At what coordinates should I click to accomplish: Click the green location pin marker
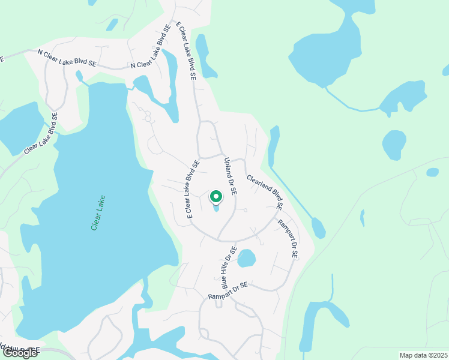pyautogui.click(x=216, y=196)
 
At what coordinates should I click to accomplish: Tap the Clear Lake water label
pyautogui.click(x=98, y=213)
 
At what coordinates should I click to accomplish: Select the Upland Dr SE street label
pyautogui.click(x=231, y=176)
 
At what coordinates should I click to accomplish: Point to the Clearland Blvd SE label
pyautogui.click(x=264, y=192)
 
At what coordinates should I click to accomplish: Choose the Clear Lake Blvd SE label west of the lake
pyautogui.click(x=41, y=134)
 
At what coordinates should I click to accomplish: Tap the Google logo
pyautogui.click(x=20, y=353)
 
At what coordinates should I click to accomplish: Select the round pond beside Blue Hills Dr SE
pyautogui.click(x=246, y=259)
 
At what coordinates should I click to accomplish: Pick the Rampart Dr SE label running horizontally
pyautogui.click(x=228, y=291)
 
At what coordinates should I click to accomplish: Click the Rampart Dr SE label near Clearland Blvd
pyautogui.click(x=287, y=238)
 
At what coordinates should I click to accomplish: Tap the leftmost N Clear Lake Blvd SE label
pyautogui.click(x=67, y=58)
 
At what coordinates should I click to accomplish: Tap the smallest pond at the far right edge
pyautogui.click(x=432, y=172)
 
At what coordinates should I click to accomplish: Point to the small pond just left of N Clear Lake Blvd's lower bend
pyautogui.click(x=79, y=76)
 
